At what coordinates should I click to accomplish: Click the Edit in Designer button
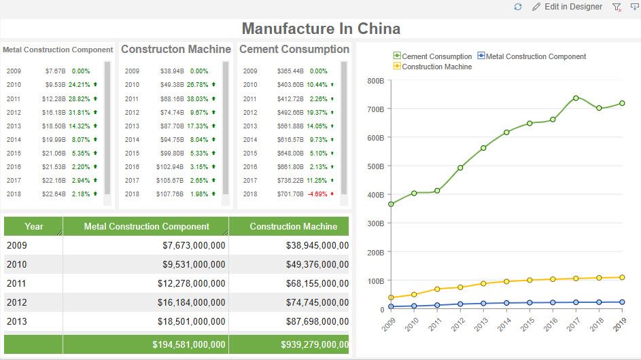point(567,7)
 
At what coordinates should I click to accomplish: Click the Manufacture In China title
point(321,29)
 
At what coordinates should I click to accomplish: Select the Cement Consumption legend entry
point(432,56)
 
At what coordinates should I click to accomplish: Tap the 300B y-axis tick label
point(375,223)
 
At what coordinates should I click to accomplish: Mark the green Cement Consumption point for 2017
point(576,98)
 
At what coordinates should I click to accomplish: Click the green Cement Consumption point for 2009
point(391,204)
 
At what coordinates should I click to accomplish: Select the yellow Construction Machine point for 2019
point(622,277)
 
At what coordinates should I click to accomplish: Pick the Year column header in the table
point(33,226)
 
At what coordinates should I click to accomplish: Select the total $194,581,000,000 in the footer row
point(189,345)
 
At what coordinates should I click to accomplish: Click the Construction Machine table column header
point(293,226)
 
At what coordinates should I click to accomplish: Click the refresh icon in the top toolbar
point(518,7)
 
